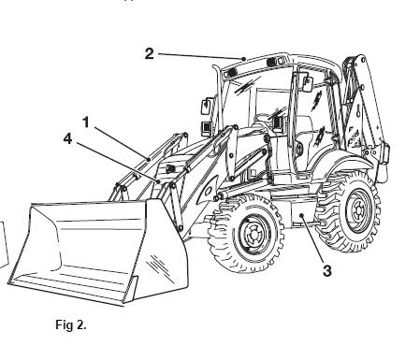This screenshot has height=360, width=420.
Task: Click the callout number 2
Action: pyautogui.click(x=150, y=53)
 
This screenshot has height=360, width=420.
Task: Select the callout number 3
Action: pyautogui.click(x=327, y=271)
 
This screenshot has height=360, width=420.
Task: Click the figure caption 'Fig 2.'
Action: pyautogui.click(x=70, y=325)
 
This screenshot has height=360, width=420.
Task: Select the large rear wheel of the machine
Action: pyautogui.click(x=349, y=214)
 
